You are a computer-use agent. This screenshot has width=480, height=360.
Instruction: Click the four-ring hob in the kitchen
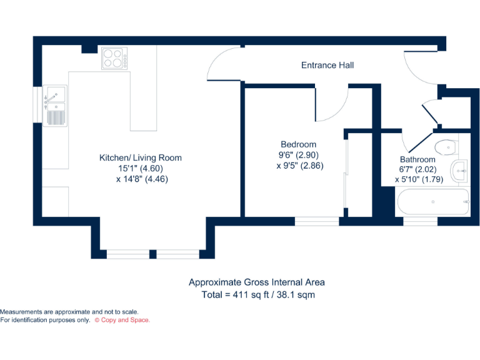pyautogui.click(x=114, y=59)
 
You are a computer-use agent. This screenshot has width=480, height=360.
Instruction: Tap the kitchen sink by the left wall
pyautogui.click(x=55, y=105)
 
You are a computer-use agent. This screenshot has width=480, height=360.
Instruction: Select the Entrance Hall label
pyautogui.click(x=327, y=65)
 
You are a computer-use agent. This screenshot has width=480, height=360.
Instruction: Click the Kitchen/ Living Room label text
pyautogui.click(x=141, y=157)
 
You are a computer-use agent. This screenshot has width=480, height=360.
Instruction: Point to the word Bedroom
pyautogui.click(x=298, y=144)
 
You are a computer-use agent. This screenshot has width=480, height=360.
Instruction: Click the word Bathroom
pyautogui.click(x=417, y=159)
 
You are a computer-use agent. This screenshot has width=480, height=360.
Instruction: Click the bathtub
pyautogui.click(x=432, y=202)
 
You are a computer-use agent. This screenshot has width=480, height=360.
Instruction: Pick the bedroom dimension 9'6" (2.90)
pyautogui.click(x=299, y=155)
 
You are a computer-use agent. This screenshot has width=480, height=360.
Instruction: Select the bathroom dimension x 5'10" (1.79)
pyautogui.click(x=419, y=179)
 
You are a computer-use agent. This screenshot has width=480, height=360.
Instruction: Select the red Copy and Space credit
pyautogui.click(x=122, y=320)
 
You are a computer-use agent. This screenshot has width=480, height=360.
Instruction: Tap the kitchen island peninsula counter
pyautogui.click(x=143, y=100)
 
